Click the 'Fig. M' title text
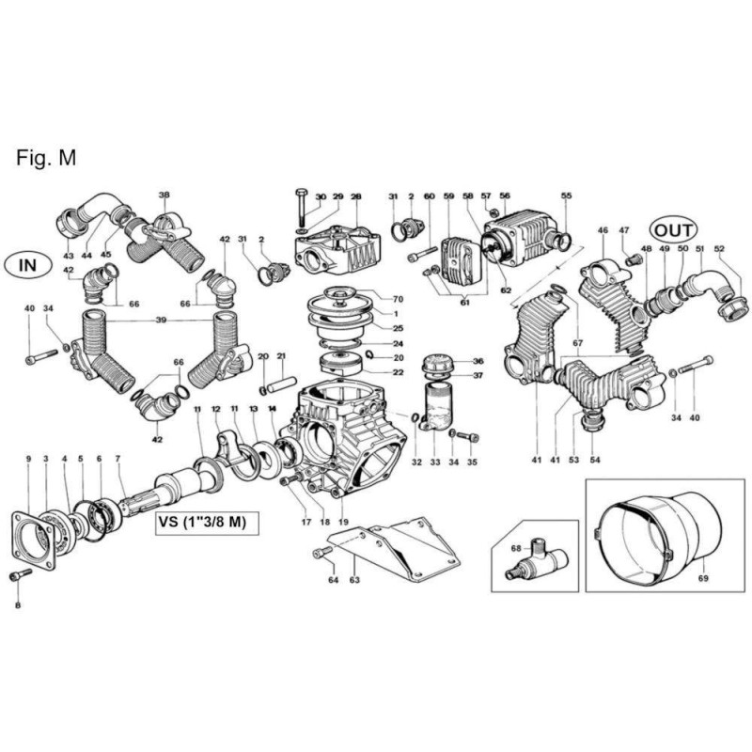point(45,157)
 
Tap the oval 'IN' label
point(29,265)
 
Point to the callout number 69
point(703,580)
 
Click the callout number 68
point(516,547)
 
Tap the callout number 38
point(164,196)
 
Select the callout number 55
point(567,196)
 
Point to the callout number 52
point(719,248)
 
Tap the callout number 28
point(356,196)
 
